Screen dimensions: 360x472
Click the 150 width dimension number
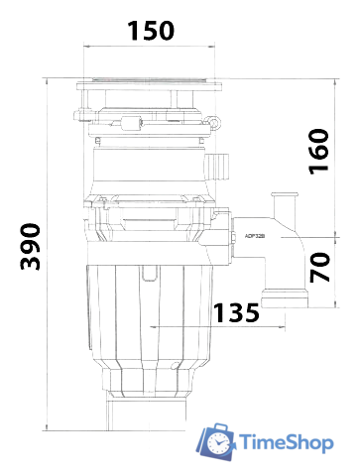coord(151,31)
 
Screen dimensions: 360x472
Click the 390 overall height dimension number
coord(31,247)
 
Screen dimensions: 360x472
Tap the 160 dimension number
coord(318,152)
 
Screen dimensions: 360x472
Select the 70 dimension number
coord(319,267)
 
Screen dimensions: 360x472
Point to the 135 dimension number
coord(236,312)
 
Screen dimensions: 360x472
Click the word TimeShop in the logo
coord(287,443)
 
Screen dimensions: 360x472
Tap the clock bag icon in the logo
coord(216,441)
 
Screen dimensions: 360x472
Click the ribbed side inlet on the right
coord(217,167)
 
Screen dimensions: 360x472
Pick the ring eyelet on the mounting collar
coord(213,123)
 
